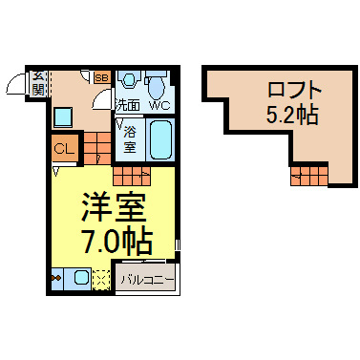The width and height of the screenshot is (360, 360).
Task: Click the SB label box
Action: click(x=102, y=77)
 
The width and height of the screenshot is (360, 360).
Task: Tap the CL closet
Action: click(x=65, y=148)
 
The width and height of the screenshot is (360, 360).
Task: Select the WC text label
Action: click(x=159, y=105)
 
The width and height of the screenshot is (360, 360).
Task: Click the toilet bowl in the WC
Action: click(x=157, y=85)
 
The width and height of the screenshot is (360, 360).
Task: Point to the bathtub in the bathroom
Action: click(x=160, y=139)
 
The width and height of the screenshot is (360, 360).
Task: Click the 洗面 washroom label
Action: click(x=128, y=105)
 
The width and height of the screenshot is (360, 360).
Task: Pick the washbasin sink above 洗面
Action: click(x=129, y=79)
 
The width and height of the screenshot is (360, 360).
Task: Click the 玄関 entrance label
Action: click(x=38, y=84)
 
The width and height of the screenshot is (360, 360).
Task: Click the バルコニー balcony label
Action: click(x=147, y=280)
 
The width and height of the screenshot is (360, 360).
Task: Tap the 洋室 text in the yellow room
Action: click(x=114, y=207)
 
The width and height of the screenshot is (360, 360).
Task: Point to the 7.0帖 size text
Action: click(x=116, y=241)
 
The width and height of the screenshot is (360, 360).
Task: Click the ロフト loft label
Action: click(x=293, y=90)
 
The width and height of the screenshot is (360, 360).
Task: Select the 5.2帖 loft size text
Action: click(x=292, y=115)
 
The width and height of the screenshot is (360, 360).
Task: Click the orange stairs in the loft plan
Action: click(x=309, y=176)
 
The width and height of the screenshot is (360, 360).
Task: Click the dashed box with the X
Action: click(x=101, y=280)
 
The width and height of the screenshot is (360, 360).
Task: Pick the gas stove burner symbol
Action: click(x=56, y=279)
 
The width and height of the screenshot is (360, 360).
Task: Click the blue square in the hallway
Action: click(x=63, y=117)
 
